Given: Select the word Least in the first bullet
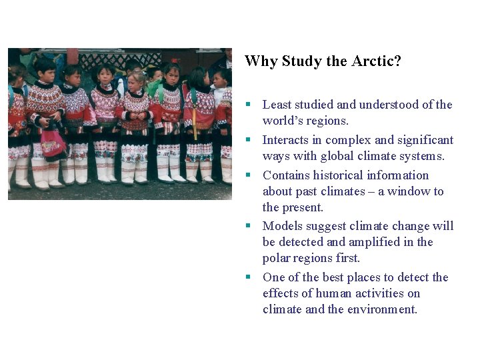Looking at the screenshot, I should click(x=277, y=105).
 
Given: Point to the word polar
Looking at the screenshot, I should click(x=277, y=258).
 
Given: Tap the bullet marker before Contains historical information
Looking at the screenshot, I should click(x=247, y=175).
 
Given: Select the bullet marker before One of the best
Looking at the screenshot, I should click(x=247, y=277).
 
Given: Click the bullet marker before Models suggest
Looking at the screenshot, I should click(x=247, y=226).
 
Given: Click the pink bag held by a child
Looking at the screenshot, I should click(x=52, y=143).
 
